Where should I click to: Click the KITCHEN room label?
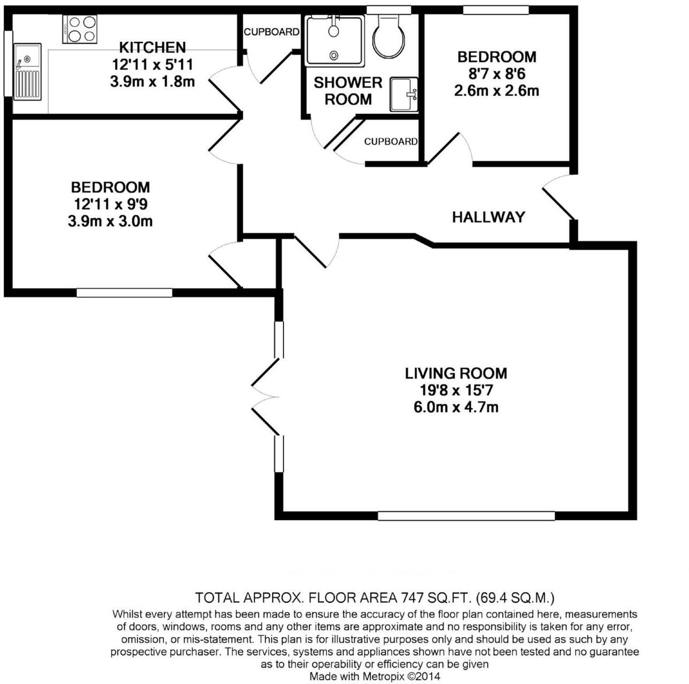(x=152, y=47)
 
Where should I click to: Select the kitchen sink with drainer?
(x=27, y=72)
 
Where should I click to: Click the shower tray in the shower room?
(x=334, y=40)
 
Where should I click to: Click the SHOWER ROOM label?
(x=348, y=91)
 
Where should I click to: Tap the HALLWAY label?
(x=488, y=217)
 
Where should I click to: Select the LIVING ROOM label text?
(x=456, y=373)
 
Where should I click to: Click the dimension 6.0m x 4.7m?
(x=456, y=407)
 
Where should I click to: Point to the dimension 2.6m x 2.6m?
(x=496, y=90)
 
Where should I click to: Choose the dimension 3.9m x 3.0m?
(x=110, y=221)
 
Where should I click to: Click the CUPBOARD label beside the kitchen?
(x=271, y=32)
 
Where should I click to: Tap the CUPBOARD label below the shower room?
(x=390, y=141)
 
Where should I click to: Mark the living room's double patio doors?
(x=265, y=398)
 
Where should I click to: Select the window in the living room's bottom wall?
(x=466, y=516)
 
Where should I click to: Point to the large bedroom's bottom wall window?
(x=124, y=293)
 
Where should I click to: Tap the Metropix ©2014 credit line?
(x=374, y=676)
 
